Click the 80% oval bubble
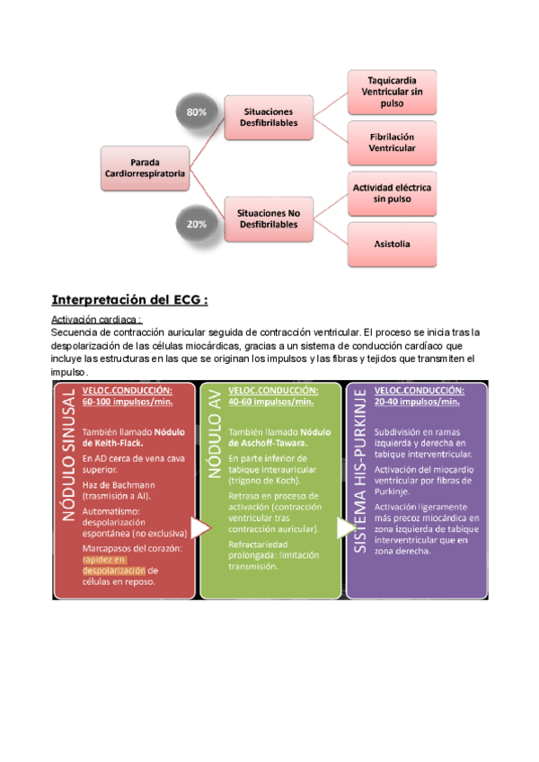coord(197,112)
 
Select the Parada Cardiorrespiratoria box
coord(146,168)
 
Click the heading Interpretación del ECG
coord(129,299)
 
